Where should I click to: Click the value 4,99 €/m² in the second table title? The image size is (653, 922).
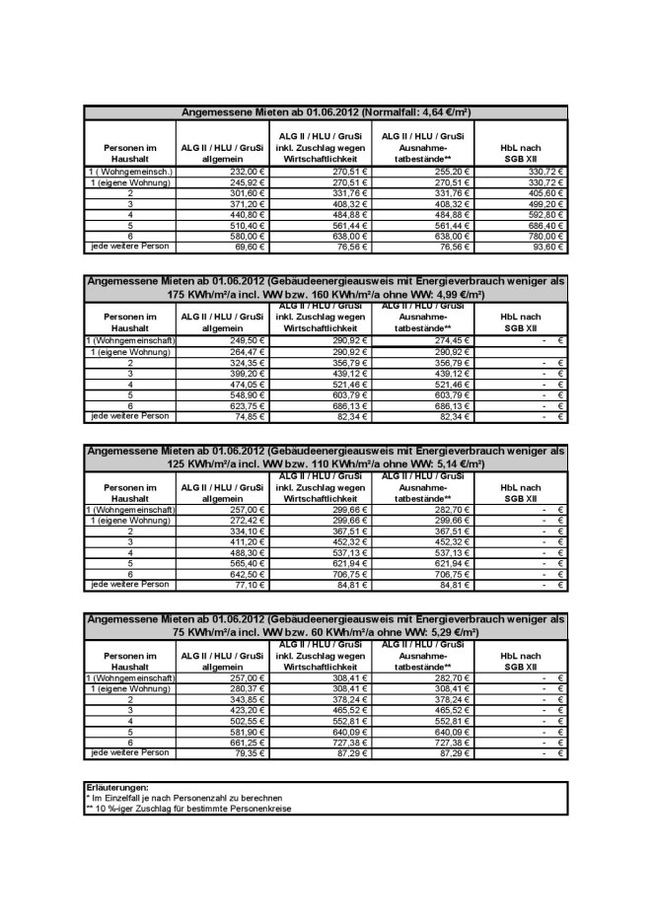(456, 294)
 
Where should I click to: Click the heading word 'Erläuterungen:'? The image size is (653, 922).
(117, 788)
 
